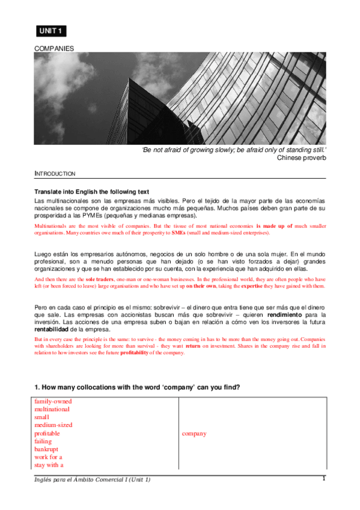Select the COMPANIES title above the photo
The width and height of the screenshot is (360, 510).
tap(54, 48)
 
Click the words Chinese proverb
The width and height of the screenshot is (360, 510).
tap(301, 158)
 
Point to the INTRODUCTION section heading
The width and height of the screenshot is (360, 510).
tap(55, 174)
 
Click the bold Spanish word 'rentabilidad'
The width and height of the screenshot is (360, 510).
tap(51, 330)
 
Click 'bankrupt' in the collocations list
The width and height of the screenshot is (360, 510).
tap(47, 449)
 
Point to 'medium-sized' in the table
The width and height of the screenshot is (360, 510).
tap(53, 425)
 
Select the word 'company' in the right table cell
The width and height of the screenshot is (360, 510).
tap(194, 433)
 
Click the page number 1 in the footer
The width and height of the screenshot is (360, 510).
tap(324, 479)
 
